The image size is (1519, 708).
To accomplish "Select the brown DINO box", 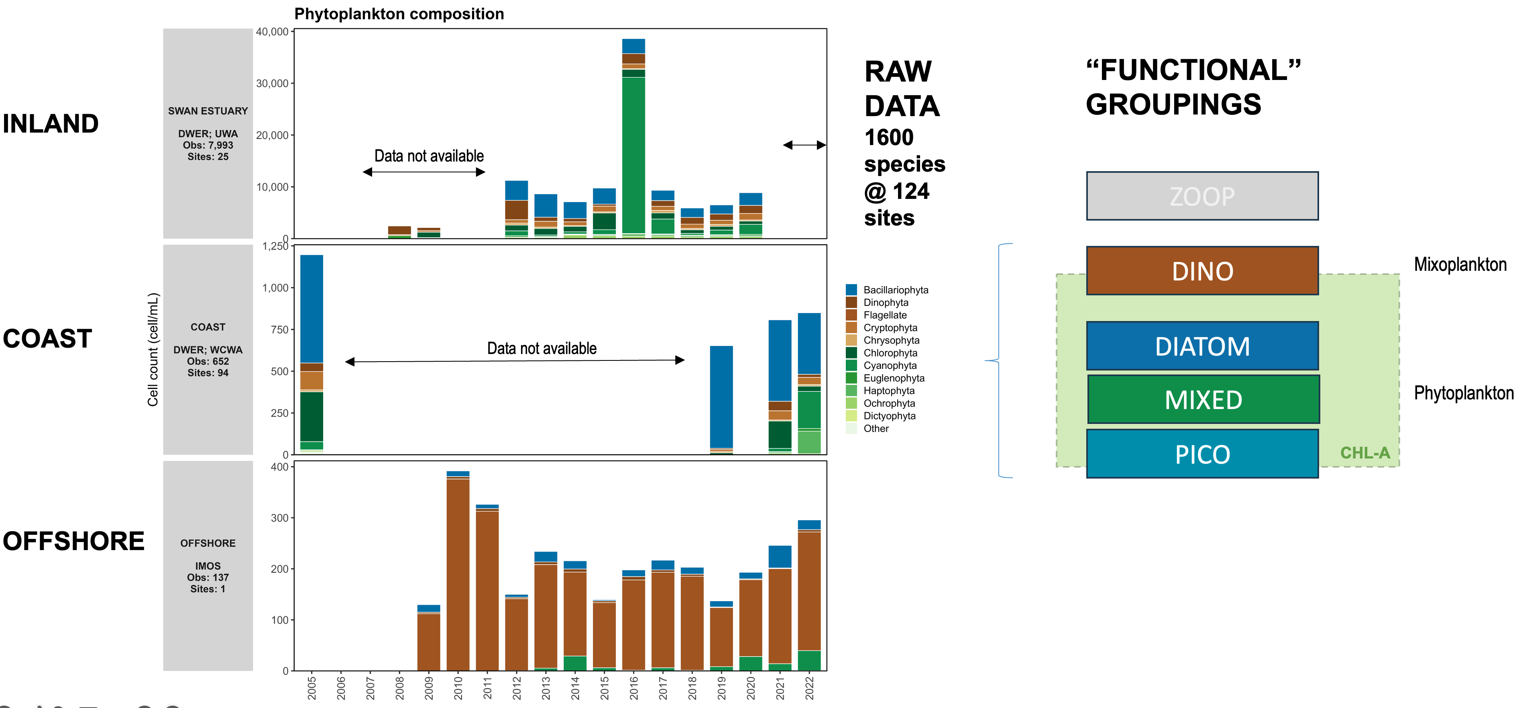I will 1202,271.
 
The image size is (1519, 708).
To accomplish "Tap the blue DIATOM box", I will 1202,346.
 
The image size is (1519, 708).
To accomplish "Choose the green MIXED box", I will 1203,399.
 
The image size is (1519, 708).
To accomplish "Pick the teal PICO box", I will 1202,454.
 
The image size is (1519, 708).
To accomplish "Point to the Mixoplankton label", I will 1460,264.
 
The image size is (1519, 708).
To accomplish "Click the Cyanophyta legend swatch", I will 851,365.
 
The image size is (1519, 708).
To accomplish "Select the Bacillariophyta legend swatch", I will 851,290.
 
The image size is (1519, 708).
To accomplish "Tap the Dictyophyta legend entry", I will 889,416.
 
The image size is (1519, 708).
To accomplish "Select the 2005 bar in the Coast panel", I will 312,354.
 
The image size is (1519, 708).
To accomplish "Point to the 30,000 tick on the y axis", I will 273,83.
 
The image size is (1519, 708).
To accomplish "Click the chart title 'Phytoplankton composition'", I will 399,14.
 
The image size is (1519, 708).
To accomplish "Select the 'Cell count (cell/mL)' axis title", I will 153,349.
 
